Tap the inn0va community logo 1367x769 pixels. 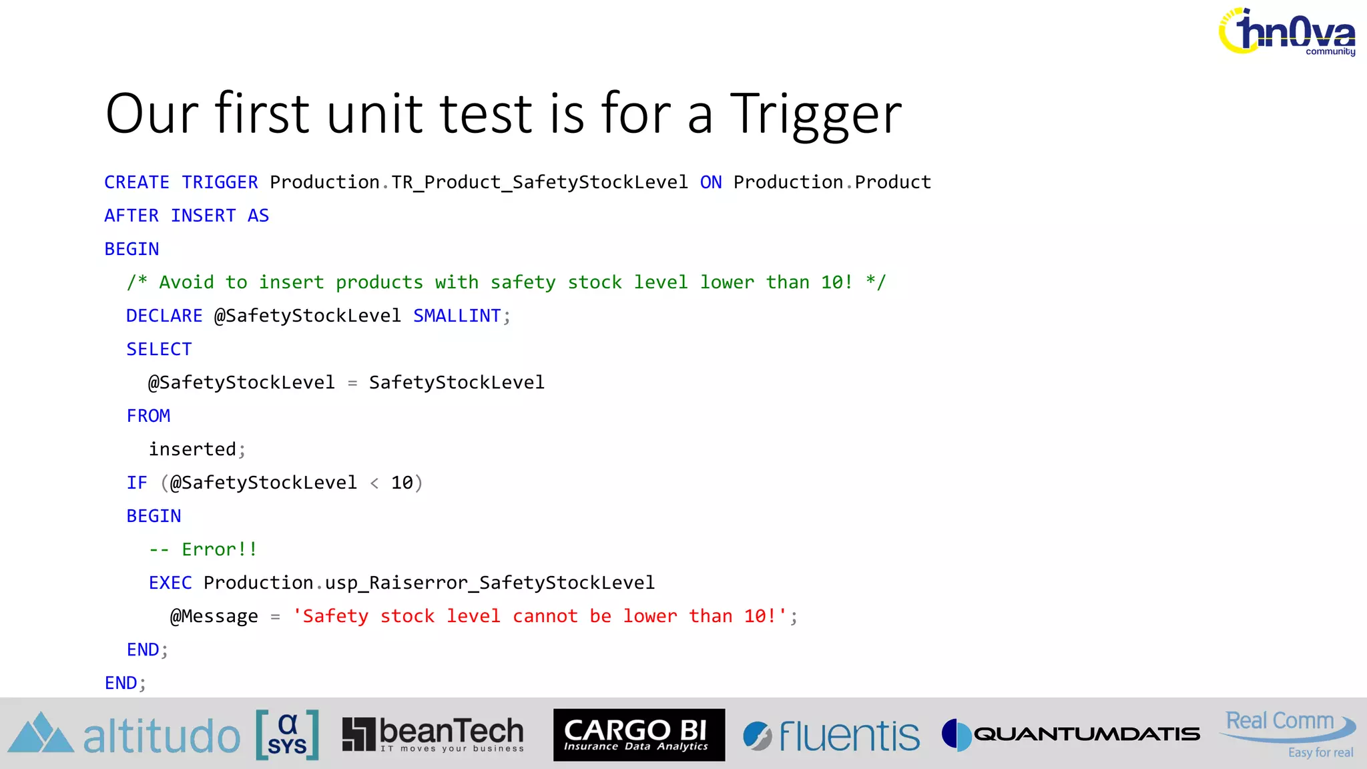1288,32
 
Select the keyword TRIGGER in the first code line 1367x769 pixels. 220,182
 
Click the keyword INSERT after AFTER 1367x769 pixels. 203,216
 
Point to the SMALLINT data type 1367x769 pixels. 457,316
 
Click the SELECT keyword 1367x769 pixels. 159,349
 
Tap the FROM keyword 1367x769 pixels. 148,416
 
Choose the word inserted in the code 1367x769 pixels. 192,449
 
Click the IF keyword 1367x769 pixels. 137,483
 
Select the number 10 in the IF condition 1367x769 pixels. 402,483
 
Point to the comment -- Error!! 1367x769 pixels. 203,549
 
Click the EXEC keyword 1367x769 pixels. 170,583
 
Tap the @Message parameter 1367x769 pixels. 214,616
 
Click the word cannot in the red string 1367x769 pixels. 545,616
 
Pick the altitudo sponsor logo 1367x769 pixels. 124,735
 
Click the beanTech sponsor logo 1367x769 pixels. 433,734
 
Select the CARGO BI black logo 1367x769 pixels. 639,734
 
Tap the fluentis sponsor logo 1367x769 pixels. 831,735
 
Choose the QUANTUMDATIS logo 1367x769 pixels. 1071,734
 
